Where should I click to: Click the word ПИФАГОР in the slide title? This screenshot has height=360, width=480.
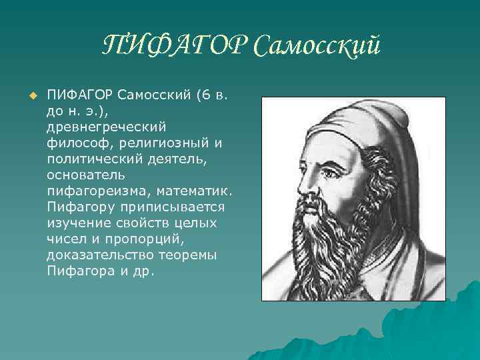[x=168, y=46]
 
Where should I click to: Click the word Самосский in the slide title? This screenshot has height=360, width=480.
[x=309, y=46]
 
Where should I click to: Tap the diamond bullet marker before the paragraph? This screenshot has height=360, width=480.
[x=31, y=96]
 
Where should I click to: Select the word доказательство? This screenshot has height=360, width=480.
[x=100, y=255]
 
